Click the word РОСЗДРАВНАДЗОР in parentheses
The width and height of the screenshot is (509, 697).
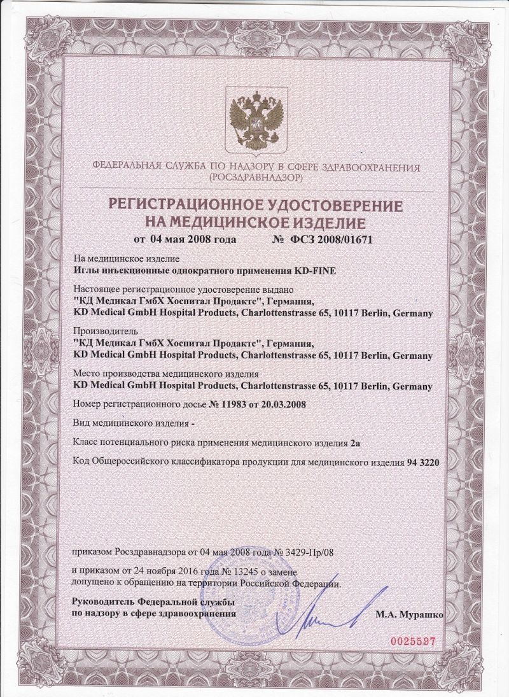255,179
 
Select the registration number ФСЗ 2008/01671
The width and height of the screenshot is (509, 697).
342,240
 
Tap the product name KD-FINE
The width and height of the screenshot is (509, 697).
317,270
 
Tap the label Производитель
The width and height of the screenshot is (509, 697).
101,331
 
